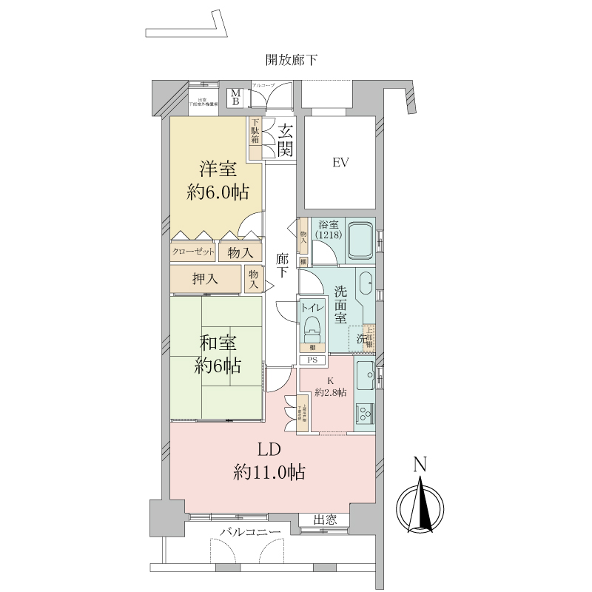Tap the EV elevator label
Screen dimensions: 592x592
coord(340,162)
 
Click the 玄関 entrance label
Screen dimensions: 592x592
coord(286,139)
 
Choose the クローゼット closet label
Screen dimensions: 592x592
coord(193,252)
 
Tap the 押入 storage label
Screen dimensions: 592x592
coord(205,279)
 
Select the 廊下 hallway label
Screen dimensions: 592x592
coord(282,266)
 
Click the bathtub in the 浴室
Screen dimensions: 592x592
coord(360,239)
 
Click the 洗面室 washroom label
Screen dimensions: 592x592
coord(340,304)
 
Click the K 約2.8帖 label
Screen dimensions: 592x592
coord(329,388)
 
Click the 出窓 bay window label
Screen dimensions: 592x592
coord(326,521)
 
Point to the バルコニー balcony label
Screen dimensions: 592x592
coord(249,533)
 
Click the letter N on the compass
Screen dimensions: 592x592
coord(420,465)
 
